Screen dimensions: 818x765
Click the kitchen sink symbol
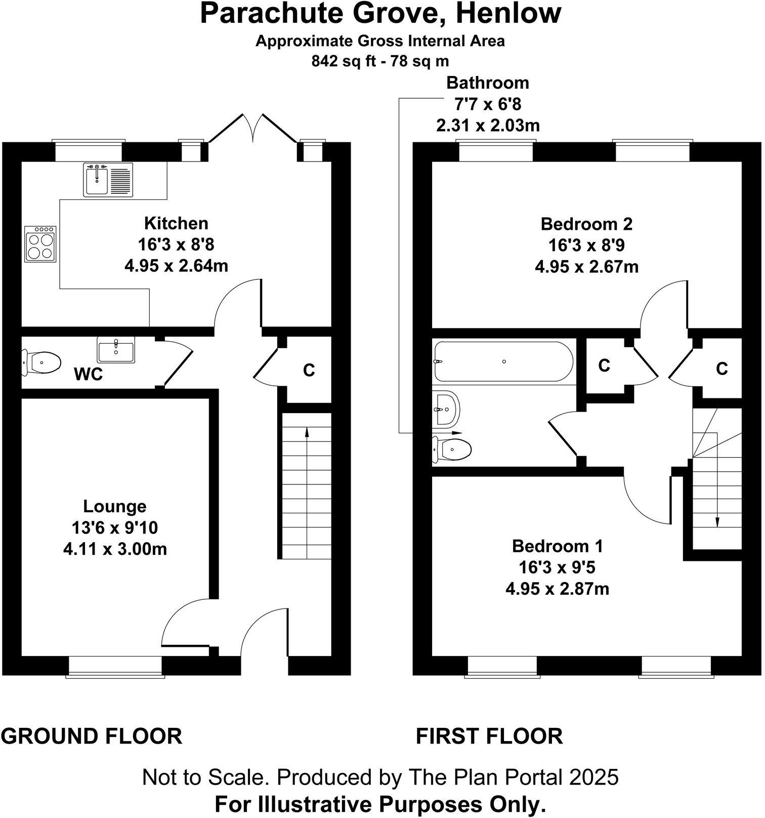pyautogui.click(x=108, y=179)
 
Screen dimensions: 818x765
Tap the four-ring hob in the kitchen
pyautogui.click(x=40, y=244)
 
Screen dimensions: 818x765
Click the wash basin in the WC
pyautogui.click(x=116, y=350)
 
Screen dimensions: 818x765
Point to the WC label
pyautogui.click(x=88, y=375)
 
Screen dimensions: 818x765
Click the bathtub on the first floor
pyautogui.click(x=503, y=361)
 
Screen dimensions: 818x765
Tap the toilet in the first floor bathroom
pyautogui.click(x=453, y=448)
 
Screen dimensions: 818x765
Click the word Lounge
pyautogui.click(x=115, y=506)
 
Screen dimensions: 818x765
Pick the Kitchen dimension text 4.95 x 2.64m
pyautogui.click(x=176, y=266)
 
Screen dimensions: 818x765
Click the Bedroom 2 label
pyautogui.click(x=586, y=224)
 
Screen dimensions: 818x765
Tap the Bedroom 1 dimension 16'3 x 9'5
pyautogui.click(x=557, y=567)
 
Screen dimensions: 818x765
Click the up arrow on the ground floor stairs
pyautogui.click(x=306, y=431)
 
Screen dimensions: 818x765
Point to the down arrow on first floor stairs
pyautogui.click(x=717, y=522)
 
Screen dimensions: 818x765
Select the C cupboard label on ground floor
pyautogui.click(x=309, y=371)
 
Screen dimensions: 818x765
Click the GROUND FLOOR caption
pyautogui.click(x=92, y=736)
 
